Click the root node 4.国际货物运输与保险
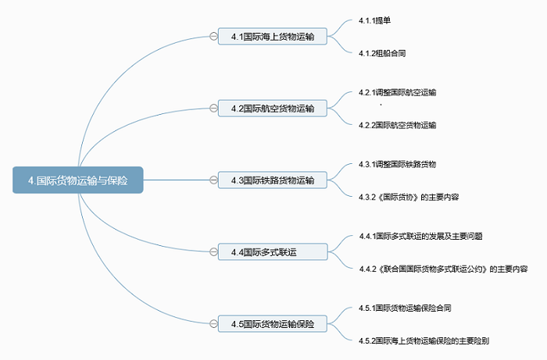click(x=78, y=180)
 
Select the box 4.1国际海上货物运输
click(x=273, y=36)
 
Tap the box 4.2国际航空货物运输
click(x=273, y=108)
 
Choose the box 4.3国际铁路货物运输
click(x=273, y=180)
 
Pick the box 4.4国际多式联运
click(x=273, y=251)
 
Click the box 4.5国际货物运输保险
click(x=273, y=324)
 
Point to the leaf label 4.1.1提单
click(x=374, y=20)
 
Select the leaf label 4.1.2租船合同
click(x=382, y=53)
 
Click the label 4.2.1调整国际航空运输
click(x=397, y=92)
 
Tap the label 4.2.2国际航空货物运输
click(x=397, y=125)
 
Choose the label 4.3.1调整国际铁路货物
click(x=397, y=164)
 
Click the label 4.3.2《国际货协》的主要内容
click(x=409, y=197)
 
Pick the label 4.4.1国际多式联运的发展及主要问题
click(x=420, y=237)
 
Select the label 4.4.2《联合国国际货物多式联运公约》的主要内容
click(x=443, y=269)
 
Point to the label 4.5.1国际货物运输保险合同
click(x=405, y=308)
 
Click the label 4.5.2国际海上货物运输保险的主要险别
click(x=424, y=340)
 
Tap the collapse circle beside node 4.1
click(x=213, y=36)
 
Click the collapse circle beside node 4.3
click(x=213, y=180)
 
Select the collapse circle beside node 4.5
click(x=213, y=324)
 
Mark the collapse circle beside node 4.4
click(x=213, y=251)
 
